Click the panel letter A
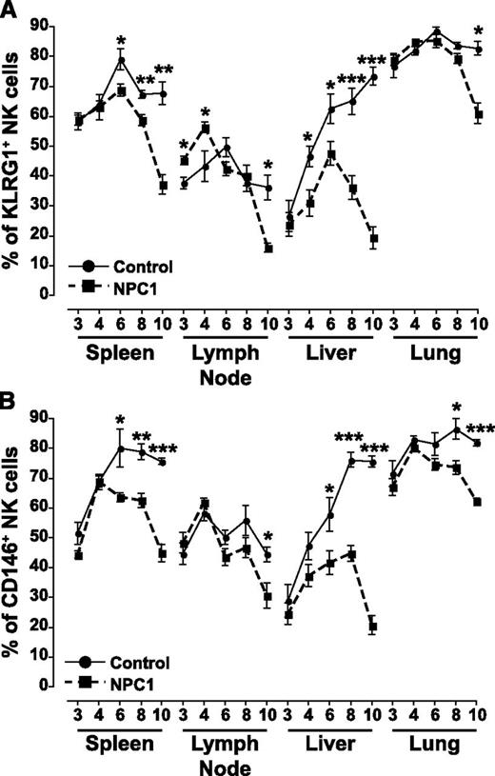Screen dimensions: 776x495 pyautogui.click(x=10, y=11)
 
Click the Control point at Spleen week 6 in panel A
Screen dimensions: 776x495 pyautogui.click(x=121, y=61)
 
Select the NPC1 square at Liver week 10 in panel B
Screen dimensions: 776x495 pyautogui.click(x=373, y=626)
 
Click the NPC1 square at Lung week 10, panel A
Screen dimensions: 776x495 pyautogui.click(x=478, y=115)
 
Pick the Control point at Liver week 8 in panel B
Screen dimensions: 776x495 pyautogui.click(x=352, y=461)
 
